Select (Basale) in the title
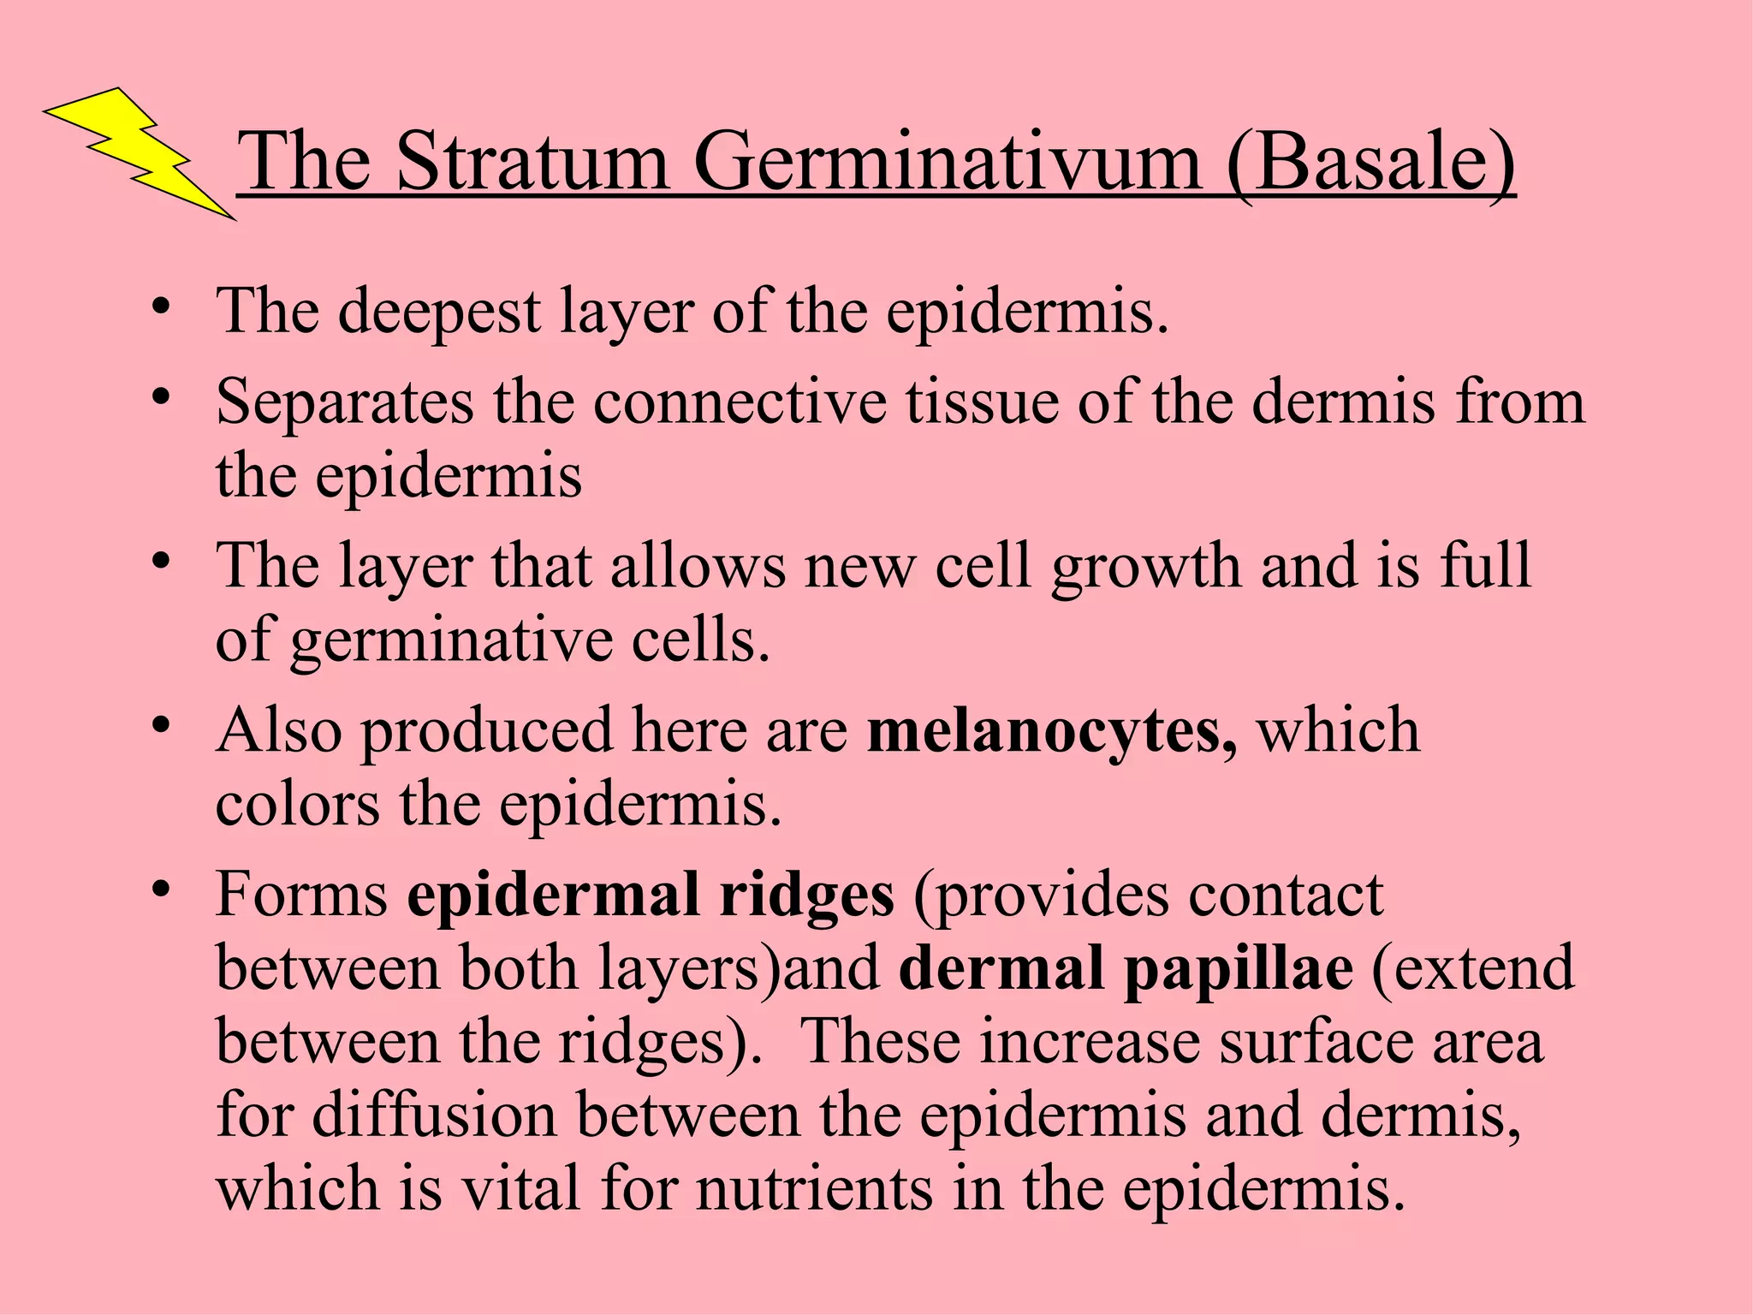1370,163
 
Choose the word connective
740,402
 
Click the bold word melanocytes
1051,732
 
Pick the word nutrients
814,1190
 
